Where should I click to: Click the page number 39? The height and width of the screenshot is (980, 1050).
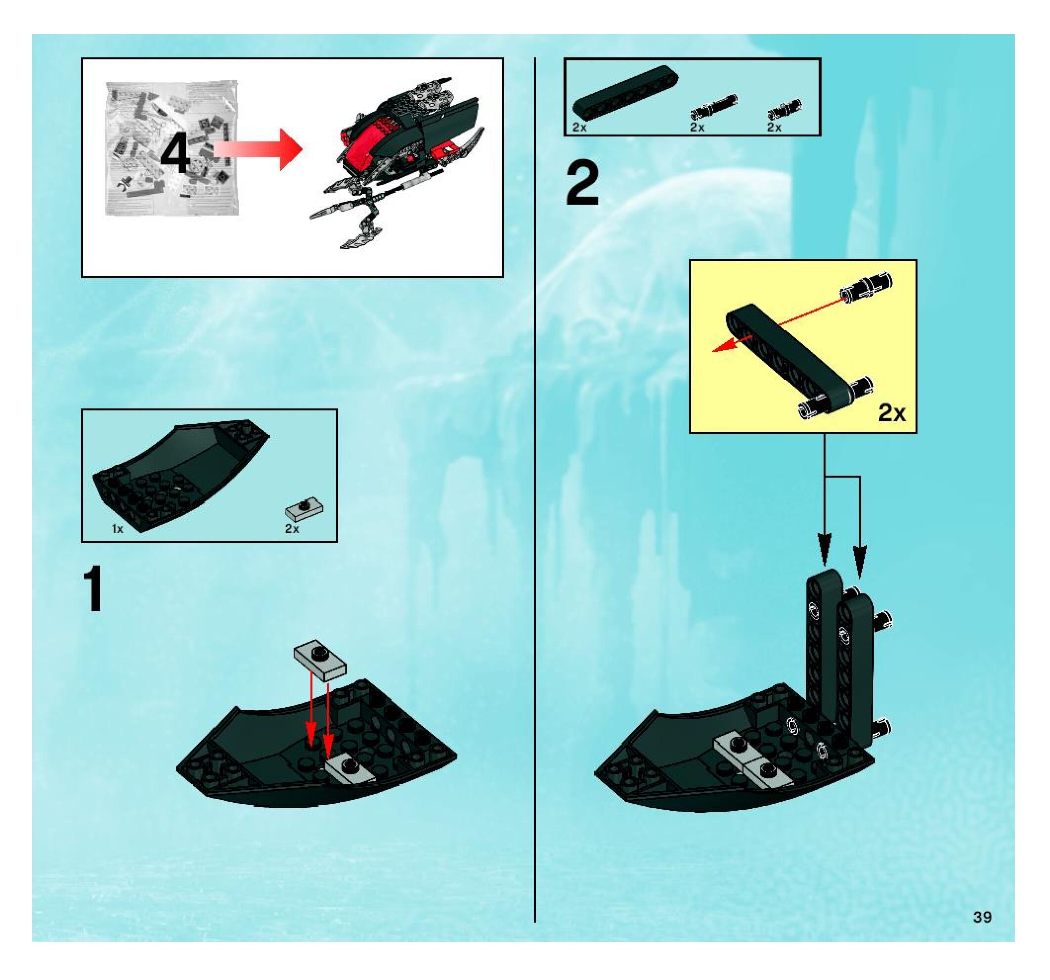[x=982, y=917]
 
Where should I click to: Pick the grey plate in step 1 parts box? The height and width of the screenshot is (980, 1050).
[x=304, y=509]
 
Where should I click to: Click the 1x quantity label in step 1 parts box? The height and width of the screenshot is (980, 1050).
[x=117, y=529]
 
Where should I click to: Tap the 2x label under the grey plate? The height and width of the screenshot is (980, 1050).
[x=292, y=529]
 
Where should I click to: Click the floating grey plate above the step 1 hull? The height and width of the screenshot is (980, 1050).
[x=320, y=661]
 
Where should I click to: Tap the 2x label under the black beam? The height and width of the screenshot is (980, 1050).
[x=579, y=127]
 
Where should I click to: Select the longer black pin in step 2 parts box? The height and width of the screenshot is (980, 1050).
[x=714, y=107]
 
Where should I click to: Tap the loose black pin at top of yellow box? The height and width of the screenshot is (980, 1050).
[x=867, y=286]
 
